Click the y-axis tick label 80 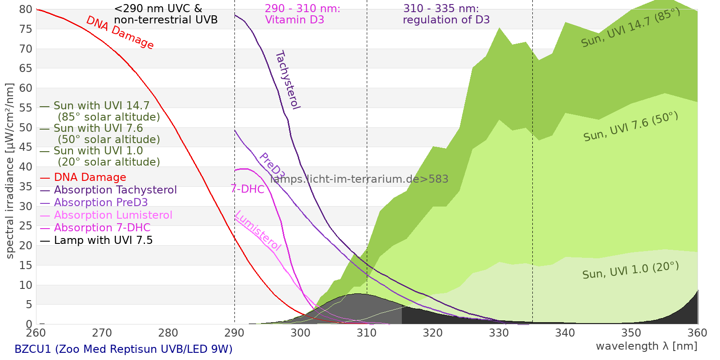click(x=26, y=9)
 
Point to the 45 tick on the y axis click(x=26, y=147)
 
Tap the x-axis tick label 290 click(x=234, y=333)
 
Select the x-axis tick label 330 click(x=499, y=333)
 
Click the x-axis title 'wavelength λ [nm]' click(x=646, y=346)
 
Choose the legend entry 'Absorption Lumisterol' click(x=113, y=215)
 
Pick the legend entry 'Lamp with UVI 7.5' click(x=103, y=240)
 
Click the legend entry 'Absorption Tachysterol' click(x=115, y=190)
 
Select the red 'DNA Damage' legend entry click(x=90, y=177)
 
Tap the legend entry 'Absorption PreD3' click(x=101, y=202)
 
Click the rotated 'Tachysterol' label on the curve click(x=288, y=80)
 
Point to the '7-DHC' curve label click(x=247, y=189)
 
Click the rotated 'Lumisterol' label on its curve click(x=258, y=230)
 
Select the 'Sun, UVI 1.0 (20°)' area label click(x=630, y=271)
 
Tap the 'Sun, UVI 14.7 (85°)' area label click(x=630, y=28)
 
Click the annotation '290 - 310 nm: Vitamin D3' click(x=302, y=14)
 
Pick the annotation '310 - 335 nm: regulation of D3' click(x=446, y=14)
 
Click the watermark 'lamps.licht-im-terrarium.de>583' click(x=359, y=179)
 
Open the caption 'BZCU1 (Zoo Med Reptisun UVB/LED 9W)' click(x=123, y=349)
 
